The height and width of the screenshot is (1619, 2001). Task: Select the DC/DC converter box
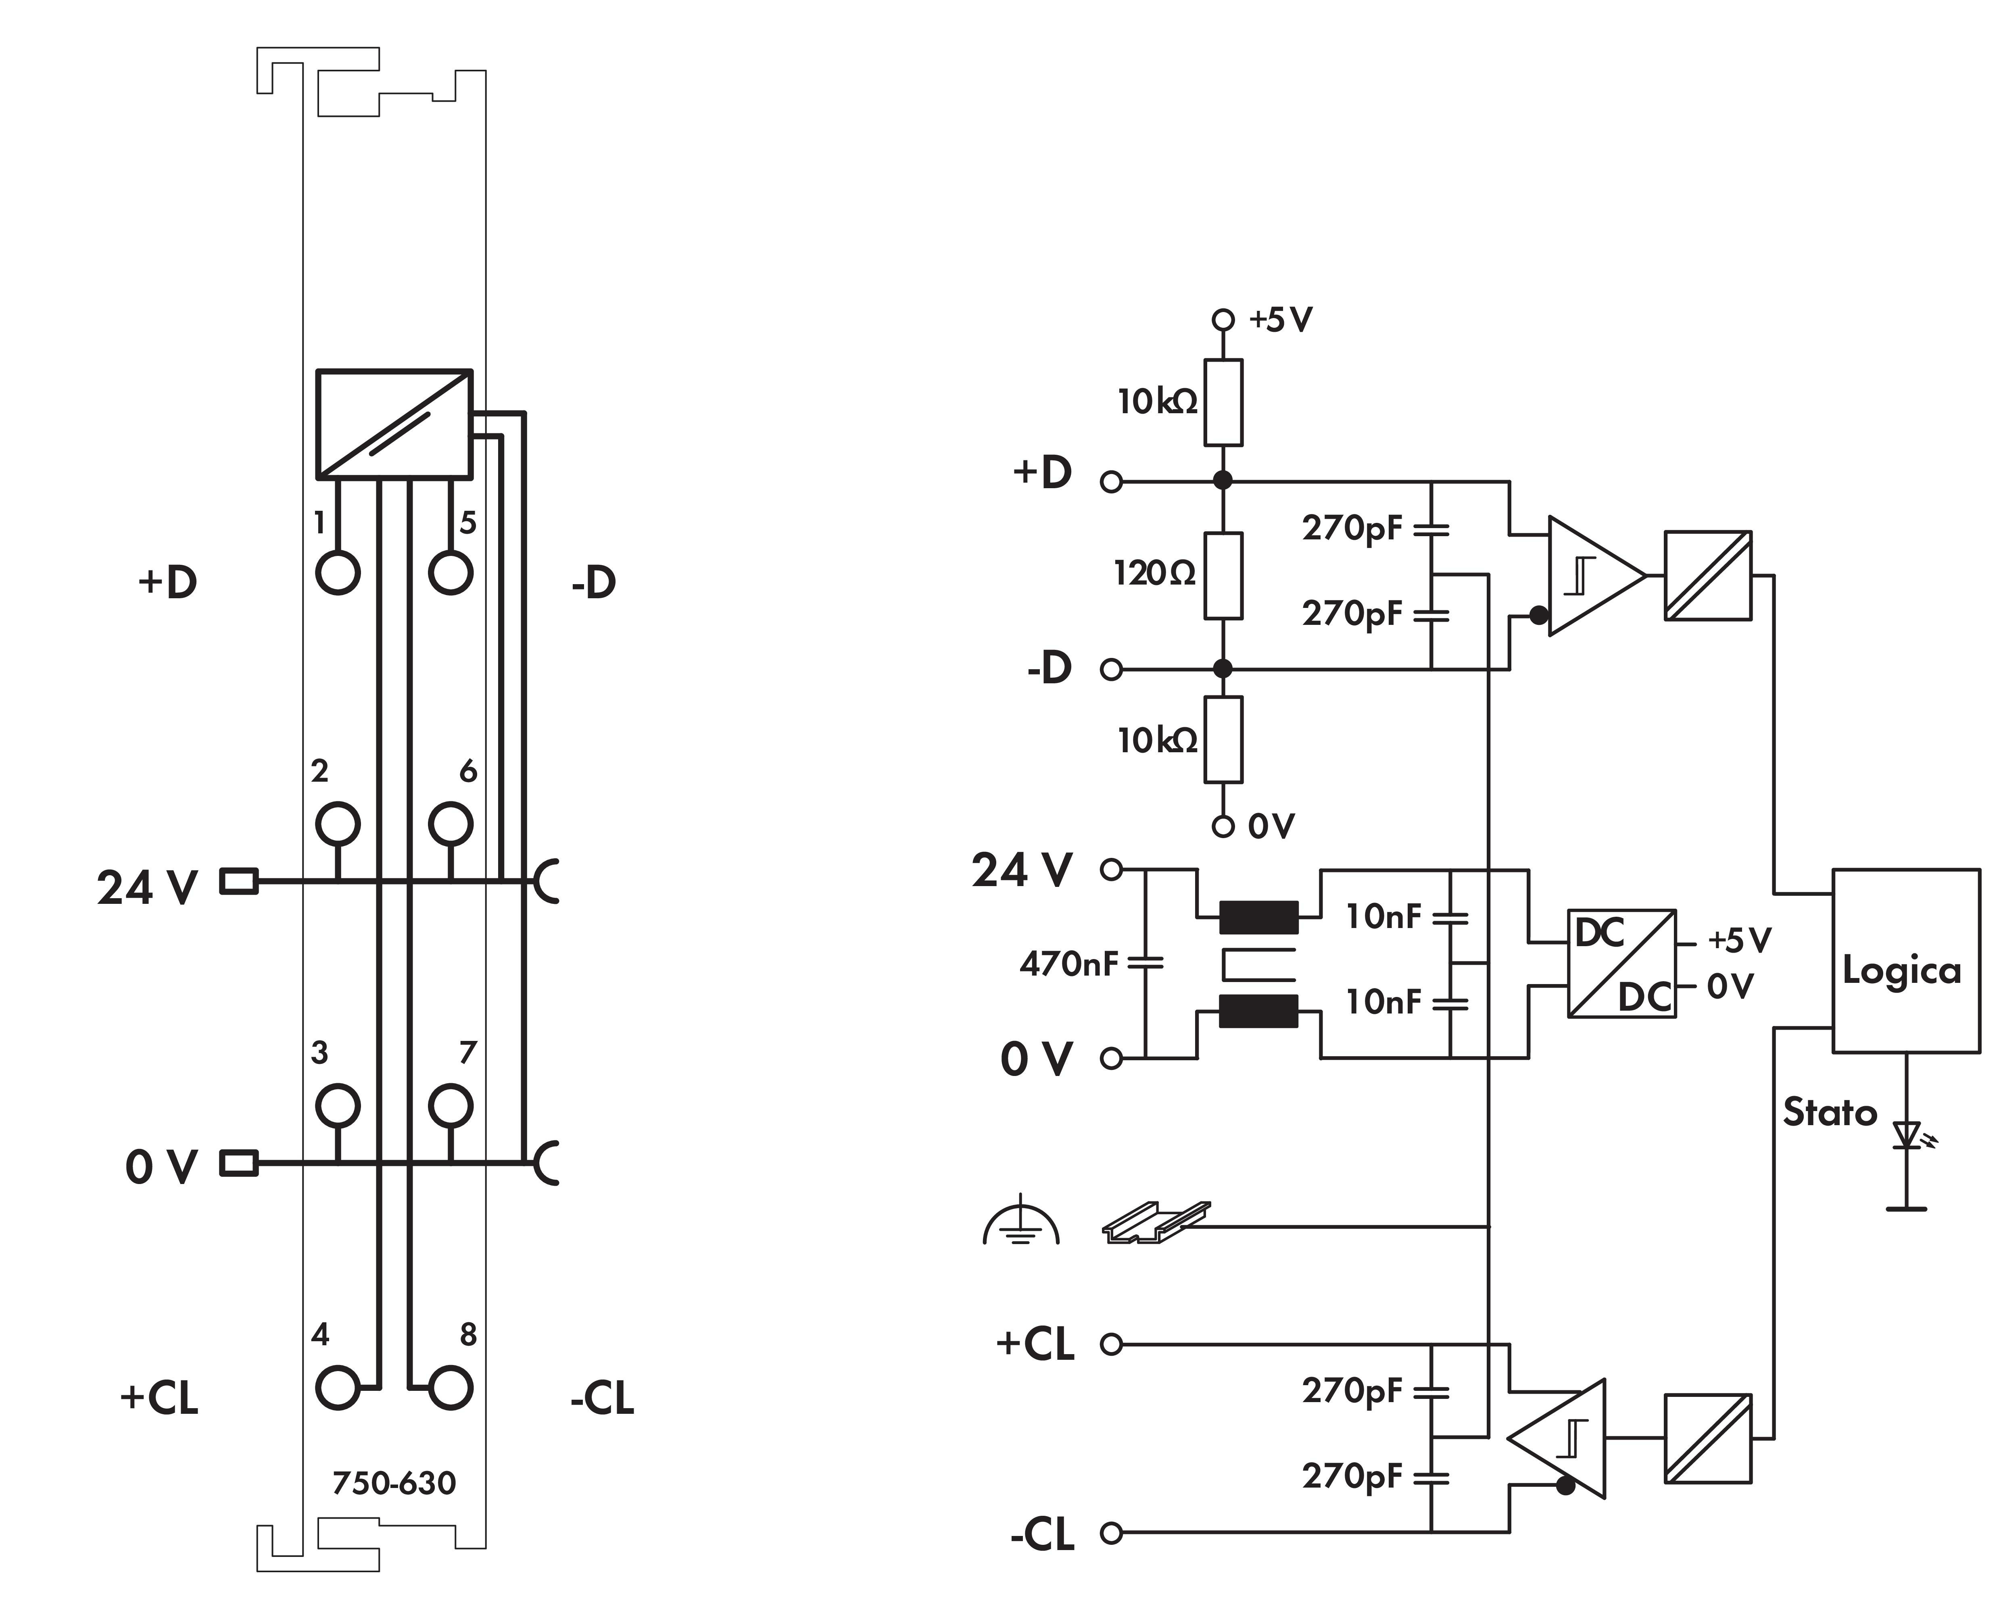coord(1621,963)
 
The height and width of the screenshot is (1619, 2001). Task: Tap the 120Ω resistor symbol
coord(1223,575)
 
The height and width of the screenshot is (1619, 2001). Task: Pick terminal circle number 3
coord(338,1106)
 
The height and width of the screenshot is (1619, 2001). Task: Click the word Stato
coord(1829,1113)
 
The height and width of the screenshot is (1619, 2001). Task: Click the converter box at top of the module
coord(394,425)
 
